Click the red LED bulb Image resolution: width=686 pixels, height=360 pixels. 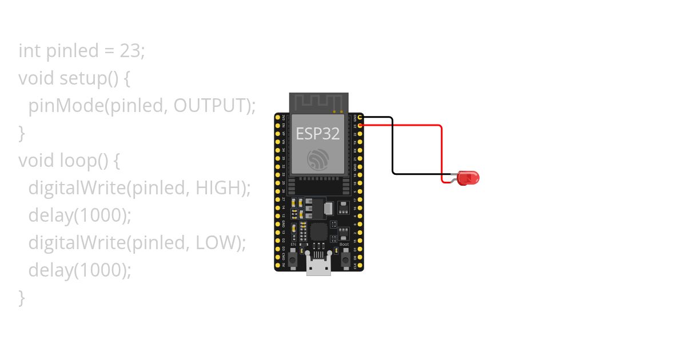[x=468, y=178]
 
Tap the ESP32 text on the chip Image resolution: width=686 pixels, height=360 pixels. [x=318, y=134]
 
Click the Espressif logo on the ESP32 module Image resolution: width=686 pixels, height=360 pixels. [x=318, y=159]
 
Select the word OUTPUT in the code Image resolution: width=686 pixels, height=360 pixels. [x=211, y=106]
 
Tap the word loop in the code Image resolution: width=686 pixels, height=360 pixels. [x=78, y=161]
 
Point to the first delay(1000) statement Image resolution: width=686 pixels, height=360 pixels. [x=80, y=215]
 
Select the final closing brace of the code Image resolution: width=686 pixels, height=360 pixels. [x=22, y=297]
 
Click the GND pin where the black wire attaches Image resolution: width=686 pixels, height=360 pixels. [x=360, y=117]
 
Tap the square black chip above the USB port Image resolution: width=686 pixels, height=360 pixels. [x=318, y=231]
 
